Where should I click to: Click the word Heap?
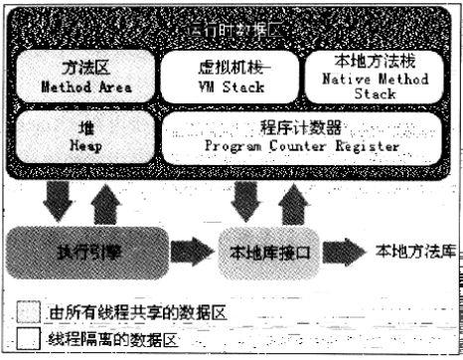(78, 145)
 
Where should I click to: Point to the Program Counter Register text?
(301, 147)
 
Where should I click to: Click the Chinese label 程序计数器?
(301, 128)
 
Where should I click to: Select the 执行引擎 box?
(88, 253)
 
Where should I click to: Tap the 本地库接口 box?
(265, 253)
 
